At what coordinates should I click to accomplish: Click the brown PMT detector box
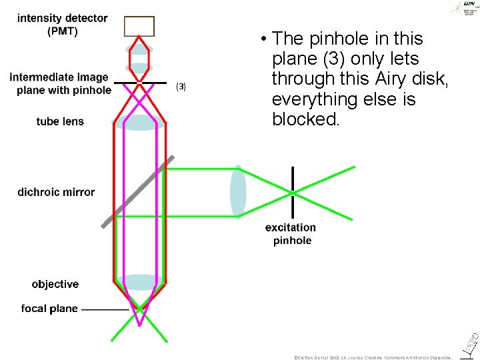point(139,26)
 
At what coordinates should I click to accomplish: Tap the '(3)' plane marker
point(181,87)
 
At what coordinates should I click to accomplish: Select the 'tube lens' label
point(60,121)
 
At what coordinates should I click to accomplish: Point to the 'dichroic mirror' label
point(56,192)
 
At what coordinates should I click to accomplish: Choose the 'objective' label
point(55,284)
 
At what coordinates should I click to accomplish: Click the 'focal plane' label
point(49,309)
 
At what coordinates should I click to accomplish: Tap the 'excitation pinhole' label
point(291,234)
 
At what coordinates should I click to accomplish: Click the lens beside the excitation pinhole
point(238,191)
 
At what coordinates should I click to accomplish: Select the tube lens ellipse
point(139,123)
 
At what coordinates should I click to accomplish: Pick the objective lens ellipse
point(139,282)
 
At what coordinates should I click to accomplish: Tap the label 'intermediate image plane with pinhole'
point(59,84)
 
